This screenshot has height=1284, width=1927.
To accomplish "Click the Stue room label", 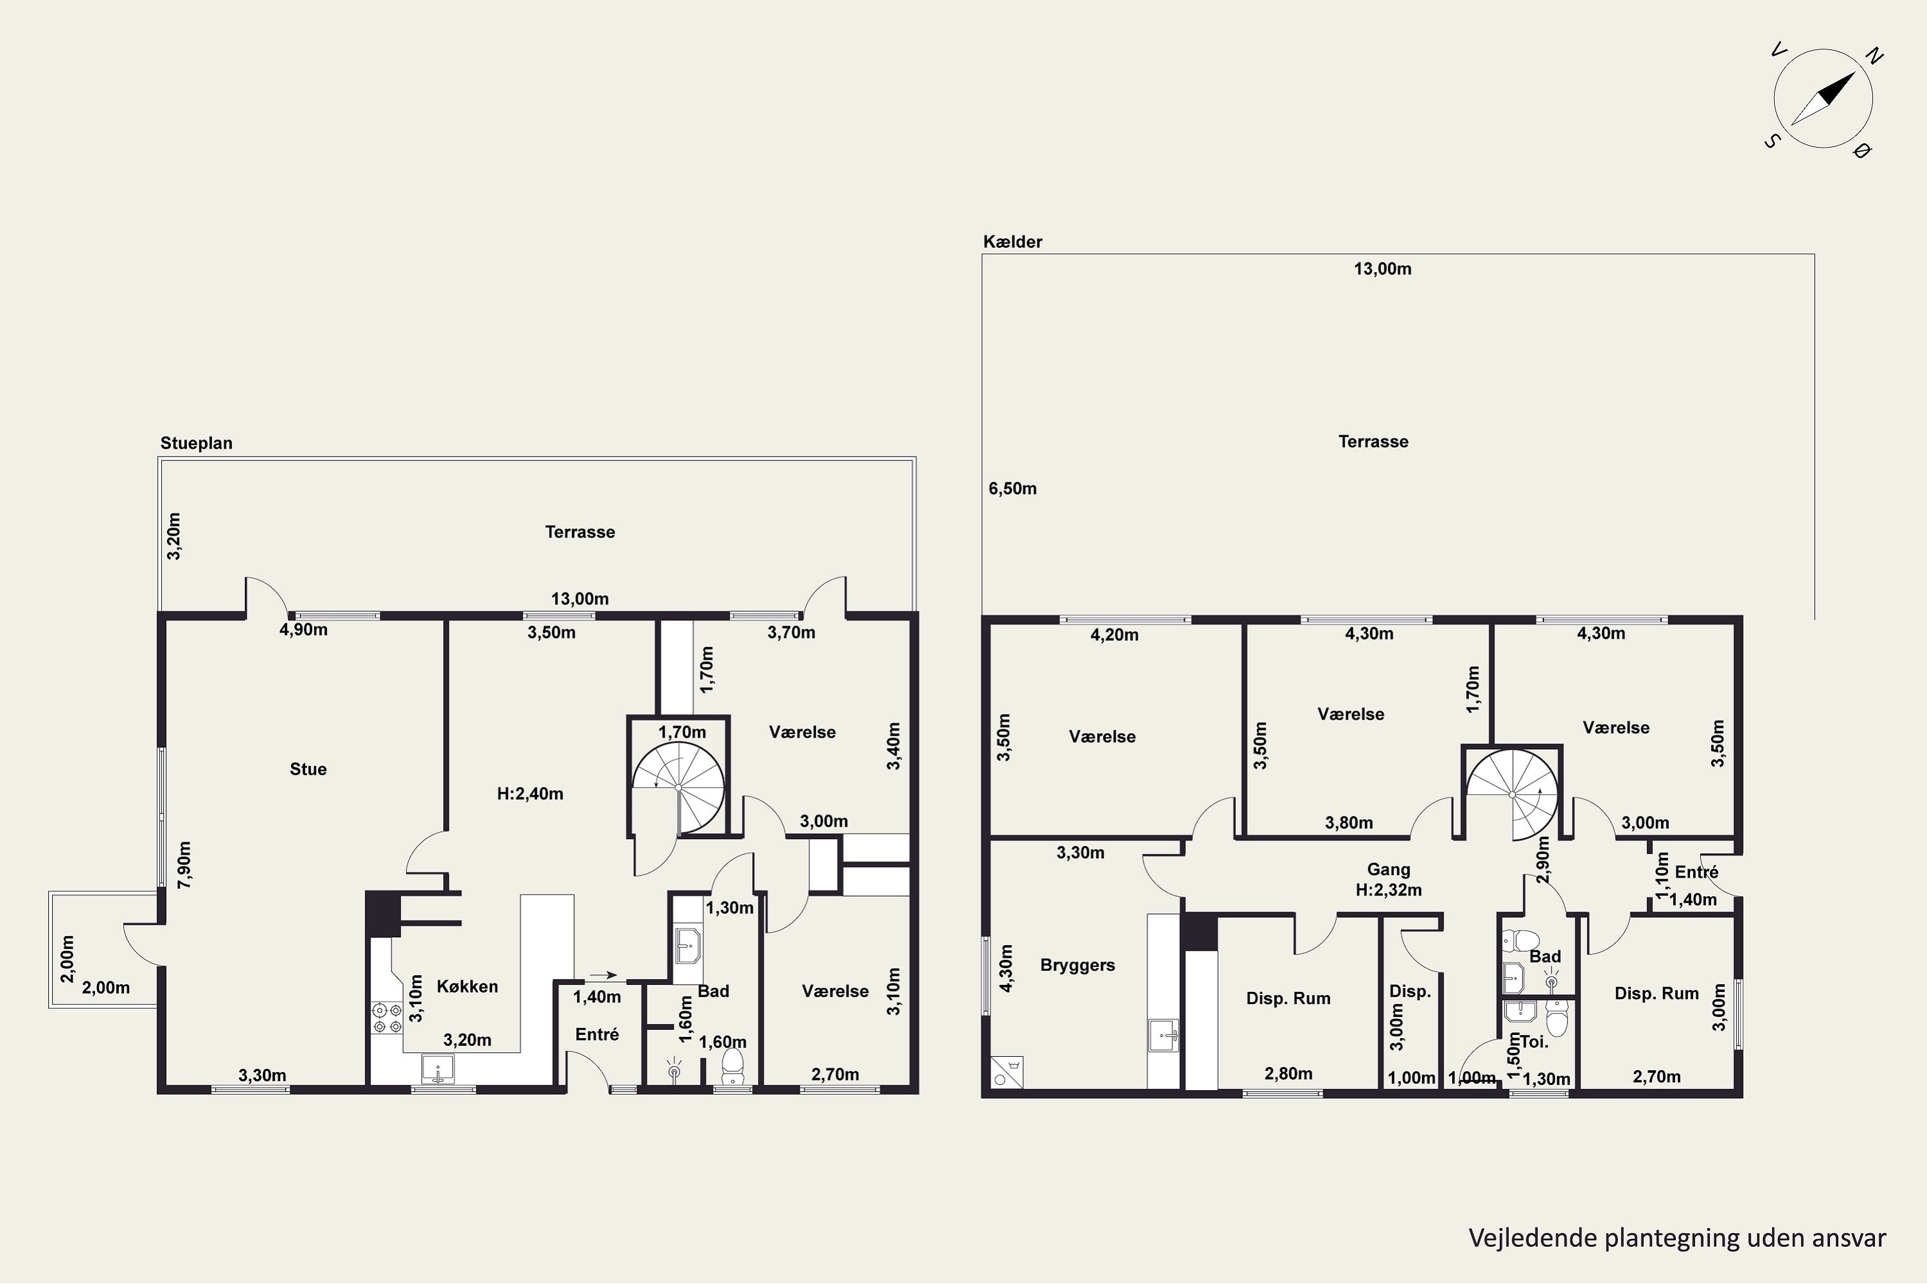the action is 308,769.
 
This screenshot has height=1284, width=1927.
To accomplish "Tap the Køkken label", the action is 467,986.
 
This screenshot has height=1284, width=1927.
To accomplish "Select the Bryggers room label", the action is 1077,965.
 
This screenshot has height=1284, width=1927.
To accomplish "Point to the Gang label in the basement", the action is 1389,870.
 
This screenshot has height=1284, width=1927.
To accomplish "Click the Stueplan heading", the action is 197,443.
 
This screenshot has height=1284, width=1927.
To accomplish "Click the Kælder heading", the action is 1013,241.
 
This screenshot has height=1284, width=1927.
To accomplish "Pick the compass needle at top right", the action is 1823,98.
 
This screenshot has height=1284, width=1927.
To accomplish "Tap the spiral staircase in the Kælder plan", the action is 1513,794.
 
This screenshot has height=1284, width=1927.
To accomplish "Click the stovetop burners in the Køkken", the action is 381,1017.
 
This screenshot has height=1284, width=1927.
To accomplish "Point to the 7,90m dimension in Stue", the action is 185,865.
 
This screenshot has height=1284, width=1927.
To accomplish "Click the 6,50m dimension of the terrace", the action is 1013,489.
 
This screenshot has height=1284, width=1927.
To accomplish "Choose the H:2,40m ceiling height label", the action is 530,794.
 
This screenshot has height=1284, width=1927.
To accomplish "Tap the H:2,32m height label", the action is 1389,890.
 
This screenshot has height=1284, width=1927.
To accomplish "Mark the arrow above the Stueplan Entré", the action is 603,975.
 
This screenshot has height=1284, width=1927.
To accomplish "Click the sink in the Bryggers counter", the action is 1163,1034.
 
